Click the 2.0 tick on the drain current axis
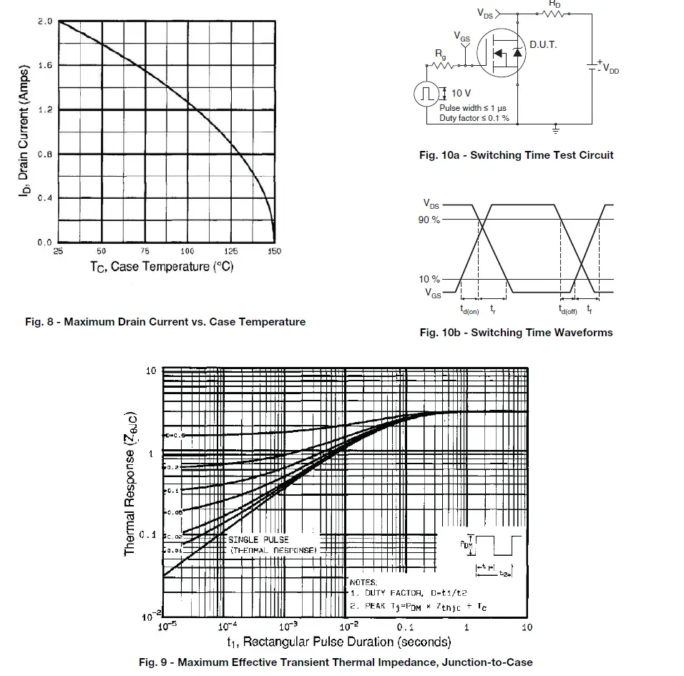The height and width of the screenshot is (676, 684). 44,21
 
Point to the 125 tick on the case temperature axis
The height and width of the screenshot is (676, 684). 231,252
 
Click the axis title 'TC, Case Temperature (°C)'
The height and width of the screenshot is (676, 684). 162,267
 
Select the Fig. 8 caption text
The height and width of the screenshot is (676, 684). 165,322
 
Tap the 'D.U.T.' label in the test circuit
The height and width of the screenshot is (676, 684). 543,44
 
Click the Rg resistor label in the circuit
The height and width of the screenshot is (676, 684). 441,54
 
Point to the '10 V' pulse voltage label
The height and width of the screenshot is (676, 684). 461,93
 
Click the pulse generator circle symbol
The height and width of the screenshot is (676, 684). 427,94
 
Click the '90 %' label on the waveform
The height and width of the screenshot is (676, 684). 430,220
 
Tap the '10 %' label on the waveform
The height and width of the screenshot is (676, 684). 430,279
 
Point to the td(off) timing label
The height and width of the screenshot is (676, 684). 568,310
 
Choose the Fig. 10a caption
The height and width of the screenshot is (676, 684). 516,155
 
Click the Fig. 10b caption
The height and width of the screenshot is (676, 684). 516,332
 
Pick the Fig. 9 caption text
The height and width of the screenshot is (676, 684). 336,662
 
